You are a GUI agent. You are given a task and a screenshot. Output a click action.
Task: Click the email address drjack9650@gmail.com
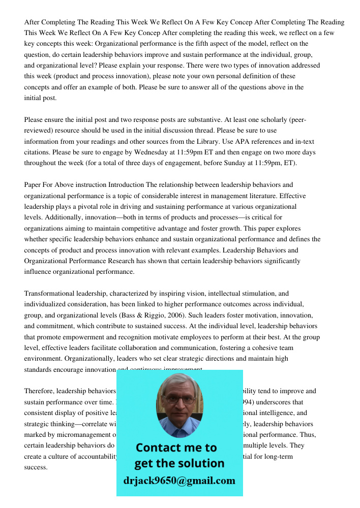tap(179, 481)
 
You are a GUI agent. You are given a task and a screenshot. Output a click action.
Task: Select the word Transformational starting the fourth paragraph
tap(49, 293)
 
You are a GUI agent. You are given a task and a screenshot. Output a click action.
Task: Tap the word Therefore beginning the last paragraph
tap(40, 391)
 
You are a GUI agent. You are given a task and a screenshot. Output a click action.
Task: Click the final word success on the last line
tap(36, 467)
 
